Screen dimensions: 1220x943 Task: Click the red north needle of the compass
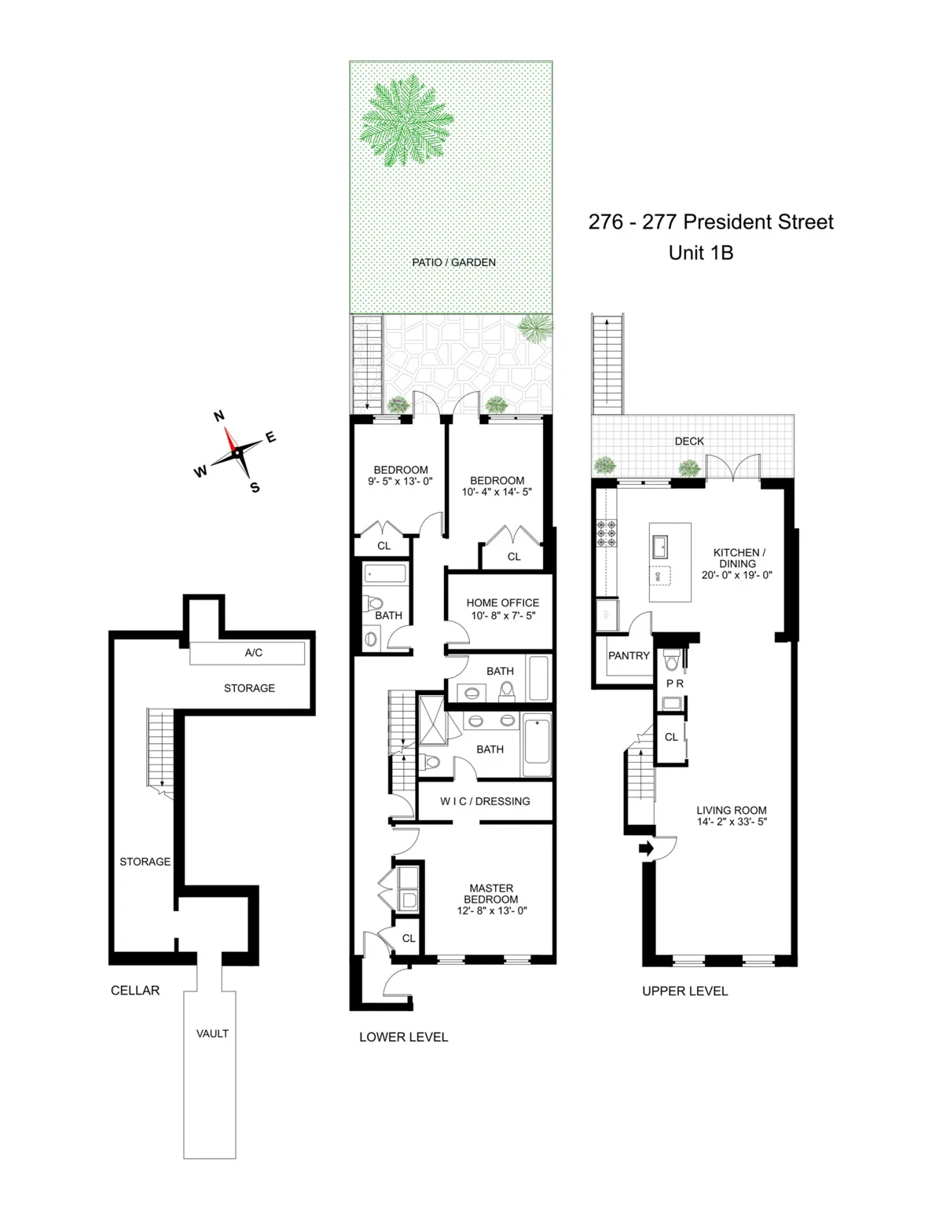pos(230,439)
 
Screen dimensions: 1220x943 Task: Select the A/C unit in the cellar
pos(248,652)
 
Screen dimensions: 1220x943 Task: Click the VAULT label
pos(212,1033)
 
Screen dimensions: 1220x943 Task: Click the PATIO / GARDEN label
pos(453,262)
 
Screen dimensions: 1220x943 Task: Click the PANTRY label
pos(629,655)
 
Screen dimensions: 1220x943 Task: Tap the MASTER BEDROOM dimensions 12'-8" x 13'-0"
pos(490,910)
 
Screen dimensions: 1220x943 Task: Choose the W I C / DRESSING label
pos(484,801)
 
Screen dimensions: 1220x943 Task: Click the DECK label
pos(689,441)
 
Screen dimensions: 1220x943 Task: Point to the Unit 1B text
pos(700,253)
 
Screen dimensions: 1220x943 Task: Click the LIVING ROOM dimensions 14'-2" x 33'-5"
pos(731,822)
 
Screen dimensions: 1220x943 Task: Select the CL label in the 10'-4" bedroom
pos(513,556)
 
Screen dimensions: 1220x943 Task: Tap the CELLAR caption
pos(135,990)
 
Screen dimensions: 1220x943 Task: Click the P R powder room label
pos(674,683)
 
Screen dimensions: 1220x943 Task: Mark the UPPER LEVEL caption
pos(684,991)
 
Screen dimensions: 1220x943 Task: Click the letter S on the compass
pos(255,487)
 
